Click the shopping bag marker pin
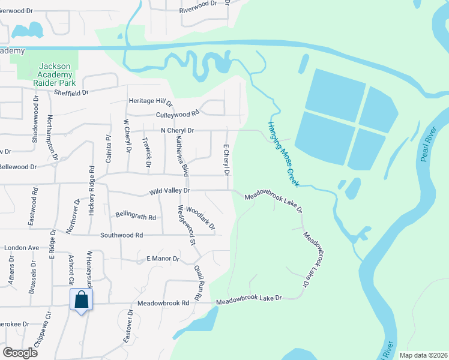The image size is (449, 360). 81,300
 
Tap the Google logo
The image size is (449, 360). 20,352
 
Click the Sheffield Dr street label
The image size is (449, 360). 71,92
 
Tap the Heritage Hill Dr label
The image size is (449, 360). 150,102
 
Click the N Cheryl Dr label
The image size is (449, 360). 178,130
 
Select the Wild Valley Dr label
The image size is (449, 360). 170,191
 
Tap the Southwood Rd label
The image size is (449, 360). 122,235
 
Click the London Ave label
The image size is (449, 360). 22,248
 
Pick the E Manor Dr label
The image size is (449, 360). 163,259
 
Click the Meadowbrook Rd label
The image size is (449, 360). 163,304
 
